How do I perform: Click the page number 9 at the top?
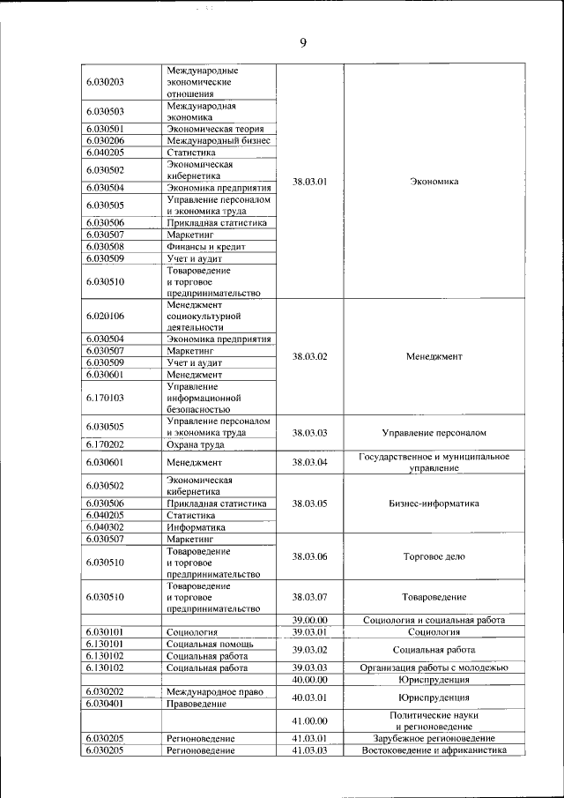coord(302,41)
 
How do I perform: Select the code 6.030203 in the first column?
coord(105,82)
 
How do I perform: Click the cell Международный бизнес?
coord(218,140)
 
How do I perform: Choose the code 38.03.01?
coord(309,182)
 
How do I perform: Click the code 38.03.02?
coord(309,356)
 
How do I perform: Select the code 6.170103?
coord(105,398)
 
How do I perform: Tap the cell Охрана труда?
coord(197,445)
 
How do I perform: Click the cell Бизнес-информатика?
coord(434,503)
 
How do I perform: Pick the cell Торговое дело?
coord(434,556)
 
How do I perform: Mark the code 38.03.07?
coord(309,597)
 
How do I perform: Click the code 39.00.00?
coord(309,621)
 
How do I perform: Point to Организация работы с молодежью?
coord(434,667)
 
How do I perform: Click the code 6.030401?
coord(105,704)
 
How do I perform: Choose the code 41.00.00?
coord(309,720)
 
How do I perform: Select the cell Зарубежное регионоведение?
coord(434,738)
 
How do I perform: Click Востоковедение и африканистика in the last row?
coord(434,750)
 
